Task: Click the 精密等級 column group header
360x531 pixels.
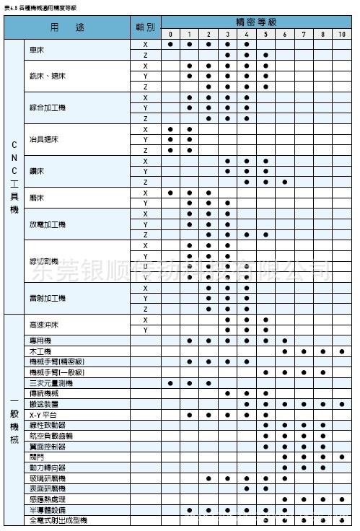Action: point(255,23)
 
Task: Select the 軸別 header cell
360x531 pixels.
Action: point(145,27)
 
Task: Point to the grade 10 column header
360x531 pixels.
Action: point(342,34)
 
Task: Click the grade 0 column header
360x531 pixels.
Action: point(170,34)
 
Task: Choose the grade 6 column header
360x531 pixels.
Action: point(285,34)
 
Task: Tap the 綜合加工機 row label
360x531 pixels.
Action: point(48,107)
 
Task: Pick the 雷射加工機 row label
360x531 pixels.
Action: point(48,298)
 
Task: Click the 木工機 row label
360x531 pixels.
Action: point(40,351)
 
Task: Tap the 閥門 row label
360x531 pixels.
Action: point(37,457)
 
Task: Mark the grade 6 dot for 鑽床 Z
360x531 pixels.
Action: point(285,182)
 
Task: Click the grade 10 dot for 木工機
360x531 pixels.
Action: point(342,351)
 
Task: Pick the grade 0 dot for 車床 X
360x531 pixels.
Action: point(170,44)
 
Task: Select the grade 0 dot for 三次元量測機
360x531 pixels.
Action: point(170,383)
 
